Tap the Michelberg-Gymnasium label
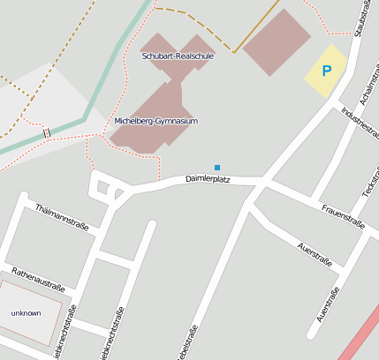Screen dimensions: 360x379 click(156, 121)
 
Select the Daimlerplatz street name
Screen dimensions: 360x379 click(208, 179)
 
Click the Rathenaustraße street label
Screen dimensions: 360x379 click(38, 279)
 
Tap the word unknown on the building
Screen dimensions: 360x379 click(26, 313)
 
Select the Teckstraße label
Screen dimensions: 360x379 click(368, 181)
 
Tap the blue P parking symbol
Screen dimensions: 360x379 click(326, 71)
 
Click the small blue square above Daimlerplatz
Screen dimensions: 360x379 click(217, 167)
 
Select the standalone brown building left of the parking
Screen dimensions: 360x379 click(277, 42)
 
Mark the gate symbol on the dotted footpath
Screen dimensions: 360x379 click(46, 132)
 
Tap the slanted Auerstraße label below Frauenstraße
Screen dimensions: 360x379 click(315, 254)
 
